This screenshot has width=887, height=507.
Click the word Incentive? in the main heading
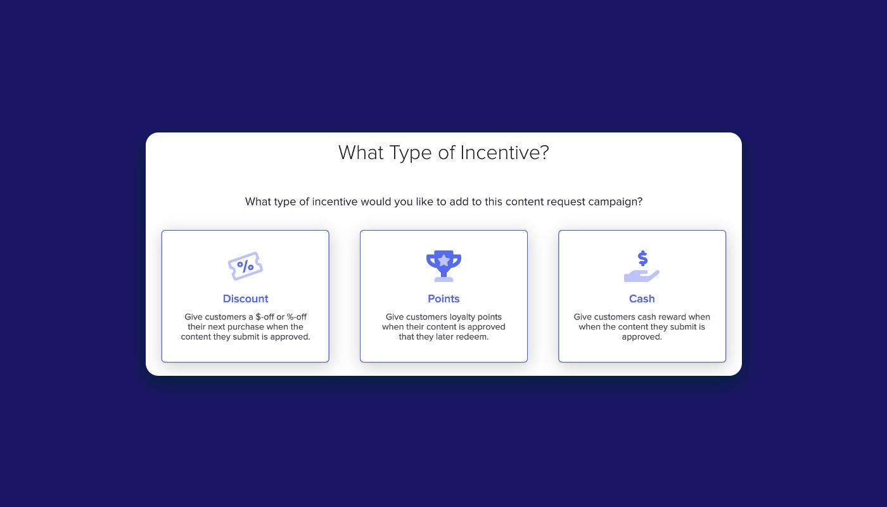point(504,153)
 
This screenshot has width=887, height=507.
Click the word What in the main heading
point(361,153)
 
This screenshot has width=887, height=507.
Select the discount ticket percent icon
point(245,266)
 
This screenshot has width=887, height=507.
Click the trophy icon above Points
point(443,266)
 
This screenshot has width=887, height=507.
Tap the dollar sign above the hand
point(642,259)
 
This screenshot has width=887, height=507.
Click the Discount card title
point(246,298)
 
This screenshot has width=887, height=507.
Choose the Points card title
point(443,298)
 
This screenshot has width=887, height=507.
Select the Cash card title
point(642,298)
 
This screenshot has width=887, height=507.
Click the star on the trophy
point(444,260)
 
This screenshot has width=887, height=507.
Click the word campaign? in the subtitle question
point(615,202)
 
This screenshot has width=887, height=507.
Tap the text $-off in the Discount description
point(265,317)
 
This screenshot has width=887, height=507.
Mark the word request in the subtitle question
point(565,202)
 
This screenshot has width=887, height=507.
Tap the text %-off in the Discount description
point(297,317)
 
